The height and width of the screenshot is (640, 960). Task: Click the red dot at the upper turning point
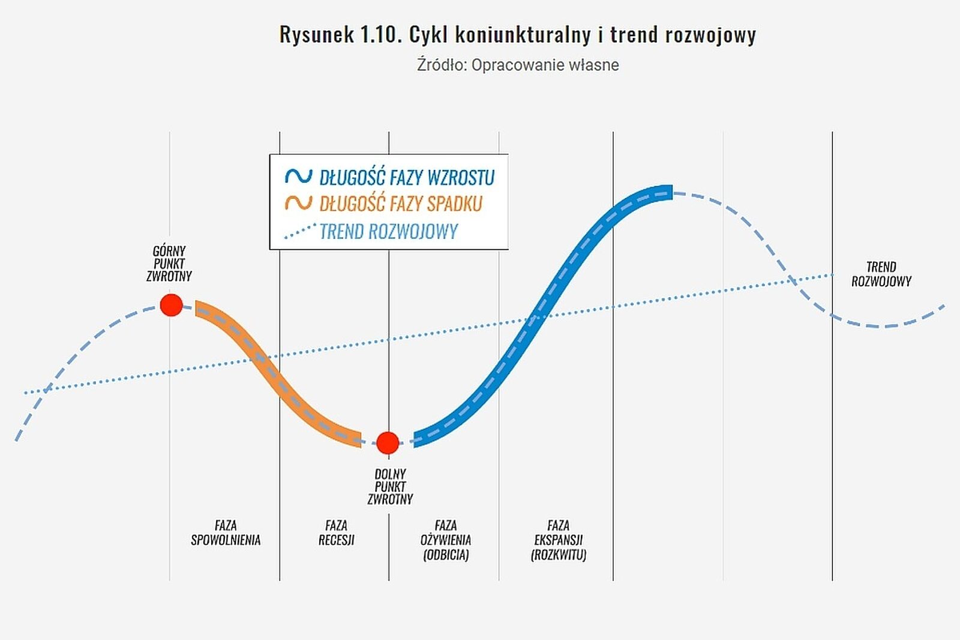point(171,305)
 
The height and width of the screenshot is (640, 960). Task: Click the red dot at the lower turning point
point(388,443)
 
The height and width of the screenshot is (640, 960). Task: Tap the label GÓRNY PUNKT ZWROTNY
point(169,264)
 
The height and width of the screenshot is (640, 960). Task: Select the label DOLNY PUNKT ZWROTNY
point(390,487)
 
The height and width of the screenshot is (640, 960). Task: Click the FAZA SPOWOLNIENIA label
point(226,533)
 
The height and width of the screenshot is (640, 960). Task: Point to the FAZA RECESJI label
point(336,533)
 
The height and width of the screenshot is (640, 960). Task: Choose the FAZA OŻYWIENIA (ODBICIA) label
point(446,540)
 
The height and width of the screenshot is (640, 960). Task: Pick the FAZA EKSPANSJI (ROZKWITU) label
point(558,540)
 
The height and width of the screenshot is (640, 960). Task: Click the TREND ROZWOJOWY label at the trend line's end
point(881,274)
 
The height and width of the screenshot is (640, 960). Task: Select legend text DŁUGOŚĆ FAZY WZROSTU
point(407,178)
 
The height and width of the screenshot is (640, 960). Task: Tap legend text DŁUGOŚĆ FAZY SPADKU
point(400,204)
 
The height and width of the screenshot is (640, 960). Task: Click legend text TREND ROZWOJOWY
point(388,231)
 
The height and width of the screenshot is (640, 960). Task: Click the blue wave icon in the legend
point(298,177)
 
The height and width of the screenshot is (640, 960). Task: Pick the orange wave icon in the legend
point(298,203)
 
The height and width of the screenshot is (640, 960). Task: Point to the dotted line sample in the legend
point(299,231)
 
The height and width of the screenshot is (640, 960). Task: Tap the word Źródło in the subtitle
point(442,65)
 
